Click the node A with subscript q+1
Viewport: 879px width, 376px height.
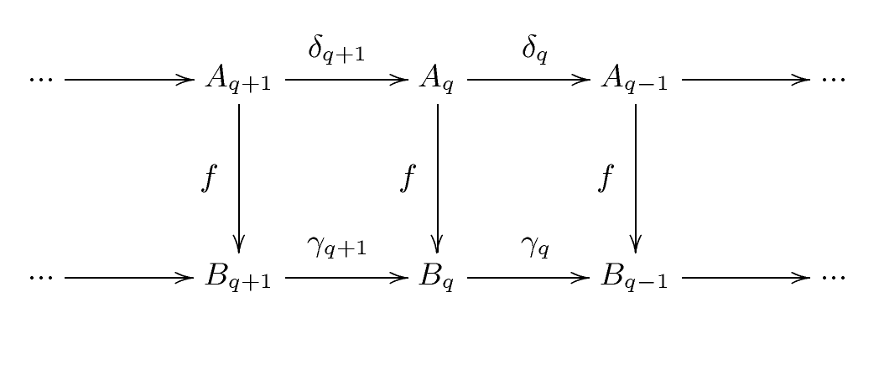238,80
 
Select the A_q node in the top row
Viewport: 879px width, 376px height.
437,80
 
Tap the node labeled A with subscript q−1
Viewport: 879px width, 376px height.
635,80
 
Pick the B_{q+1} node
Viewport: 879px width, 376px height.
238,278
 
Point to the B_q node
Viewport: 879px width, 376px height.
437,278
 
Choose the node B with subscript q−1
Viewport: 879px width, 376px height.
635,278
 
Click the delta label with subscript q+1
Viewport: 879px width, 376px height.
336,50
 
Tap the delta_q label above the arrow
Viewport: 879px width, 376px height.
535,50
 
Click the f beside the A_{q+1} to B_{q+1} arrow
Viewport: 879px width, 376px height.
209,179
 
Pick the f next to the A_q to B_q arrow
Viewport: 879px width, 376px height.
408,179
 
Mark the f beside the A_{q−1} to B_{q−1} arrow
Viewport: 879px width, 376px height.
606,179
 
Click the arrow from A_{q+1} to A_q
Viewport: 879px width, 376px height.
346,80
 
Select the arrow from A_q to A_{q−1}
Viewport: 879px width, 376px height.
528,80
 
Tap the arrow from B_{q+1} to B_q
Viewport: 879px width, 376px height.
346,278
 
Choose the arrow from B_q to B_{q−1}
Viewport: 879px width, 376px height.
528,278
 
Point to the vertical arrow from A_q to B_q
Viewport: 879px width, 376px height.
437,179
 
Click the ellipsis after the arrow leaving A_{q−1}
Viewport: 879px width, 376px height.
833,80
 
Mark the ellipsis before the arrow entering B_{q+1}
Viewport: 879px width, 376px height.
41,278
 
